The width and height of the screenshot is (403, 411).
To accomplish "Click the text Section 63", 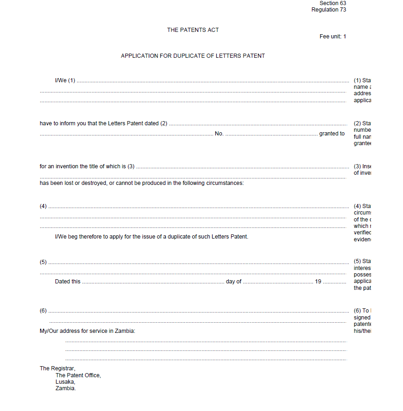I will [x=332, y=3].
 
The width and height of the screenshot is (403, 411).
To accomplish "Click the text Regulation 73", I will [x=329, y=10].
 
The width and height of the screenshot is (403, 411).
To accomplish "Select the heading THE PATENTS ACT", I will [x=193, y=30].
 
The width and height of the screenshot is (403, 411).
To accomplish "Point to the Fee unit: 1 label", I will [x=333, y=37].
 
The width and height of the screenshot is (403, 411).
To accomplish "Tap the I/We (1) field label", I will [x=65, y=80].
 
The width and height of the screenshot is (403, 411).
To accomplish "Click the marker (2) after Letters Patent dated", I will [x=164, y=123].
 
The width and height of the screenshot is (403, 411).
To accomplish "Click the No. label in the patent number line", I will [x=219, y=134].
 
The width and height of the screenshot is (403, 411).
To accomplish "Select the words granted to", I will [x=332, y=134].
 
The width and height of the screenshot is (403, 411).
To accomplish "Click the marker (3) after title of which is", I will [x=131, y=166].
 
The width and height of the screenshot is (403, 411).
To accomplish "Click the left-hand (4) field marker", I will [x=43, y=206].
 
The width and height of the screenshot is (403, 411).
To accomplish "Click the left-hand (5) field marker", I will [x=43, y=262].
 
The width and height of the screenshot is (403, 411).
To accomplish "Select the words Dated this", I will [x=67, y=282].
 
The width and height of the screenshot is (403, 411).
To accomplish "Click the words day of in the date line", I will [x=233, y=282].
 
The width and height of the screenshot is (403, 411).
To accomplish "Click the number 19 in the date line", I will [x=318, y=282].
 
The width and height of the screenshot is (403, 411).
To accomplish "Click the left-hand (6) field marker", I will [x=43, y=311].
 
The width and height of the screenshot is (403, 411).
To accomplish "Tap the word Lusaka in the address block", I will [x=65, y=382].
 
